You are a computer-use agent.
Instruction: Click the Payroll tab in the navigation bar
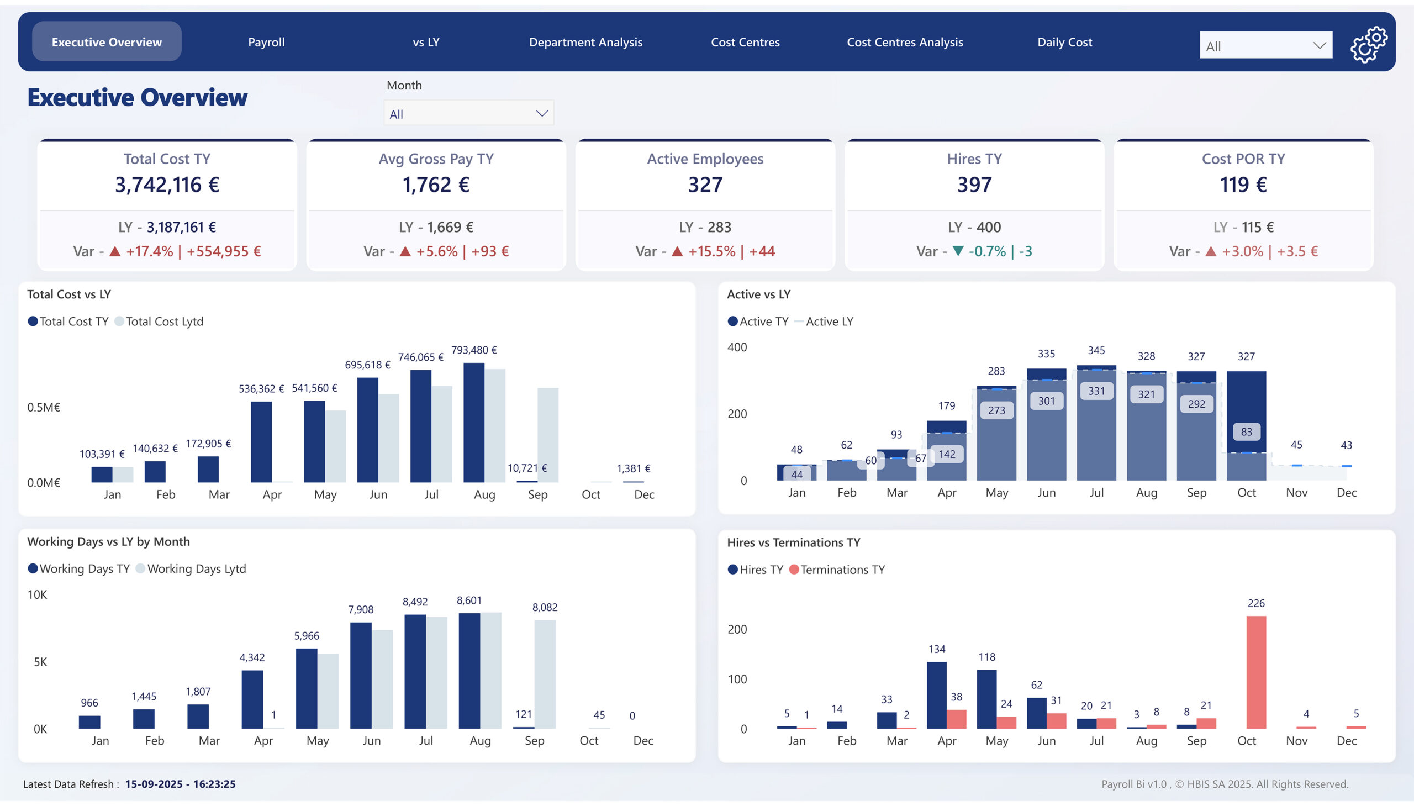click(x=266, y=42)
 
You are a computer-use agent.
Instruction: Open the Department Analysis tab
click(x=585, y=42)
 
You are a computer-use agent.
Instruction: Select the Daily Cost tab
click(x=1064, y=42)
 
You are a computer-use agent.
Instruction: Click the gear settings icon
click(x=1368, y=45)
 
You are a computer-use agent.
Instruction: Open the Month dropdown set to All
click(x=468, y=113)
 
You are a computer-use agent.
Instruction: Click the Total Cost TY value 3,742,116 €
click(x=167, y=185)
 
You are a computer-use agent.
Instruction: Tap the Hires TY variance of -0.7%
click(x=986, y=251)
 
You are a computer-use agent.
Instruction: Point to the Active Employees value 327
click(x=704, y=185)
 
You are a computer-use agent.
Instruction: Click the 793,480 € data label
click(x=474, y=350)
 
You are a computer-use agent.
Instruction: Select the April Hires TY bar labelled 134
click(x=936, y=695)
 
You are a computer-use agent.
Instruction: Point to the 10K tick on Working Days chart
click(x=37, y=594)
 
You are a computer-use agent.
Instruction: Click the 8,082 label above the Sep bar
click(x=545, y=607)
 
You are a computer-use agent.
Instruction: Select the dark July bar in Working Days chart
click(x=414, y=671)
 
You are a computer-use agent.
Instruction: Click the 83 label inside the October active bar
click(x=1246, y=432)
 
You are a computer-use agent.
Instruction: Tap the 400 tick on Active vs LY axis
click(x=737, y=347)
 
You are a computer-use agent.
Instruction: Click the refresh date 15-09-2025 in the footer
click(x=154, y=784)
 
